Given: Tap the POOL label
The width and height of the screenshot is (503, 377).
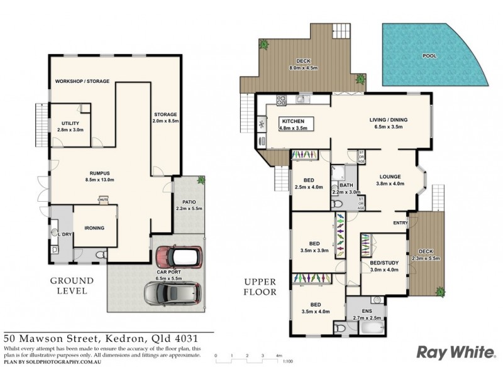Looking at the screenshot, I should click(x=429, y=56).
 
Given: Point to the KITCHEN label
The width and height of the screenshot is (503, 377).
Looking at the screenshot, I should click(x=292, y=121).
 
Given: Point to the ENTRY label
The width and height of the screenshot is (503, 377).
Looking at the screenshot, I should click(x=401, y=222).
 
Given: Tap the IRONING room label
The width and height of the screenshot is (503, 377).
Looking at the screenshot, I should click(x=94, y=228).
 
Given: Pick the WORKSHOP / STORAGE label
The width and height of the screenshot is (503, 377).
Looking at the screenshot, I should click(x=82, y=81).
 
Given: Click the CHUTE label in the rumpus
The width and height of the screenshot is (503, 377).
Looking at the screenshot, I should click(x=102, y=197).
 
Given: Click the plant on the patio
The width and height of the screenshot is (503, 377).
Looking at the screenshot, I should click(x=201, y=180).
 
